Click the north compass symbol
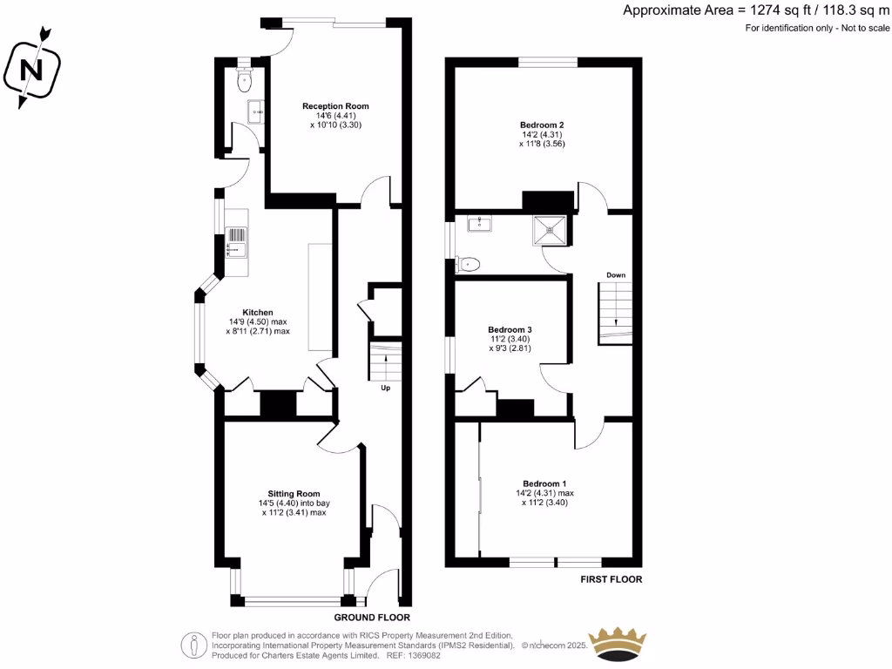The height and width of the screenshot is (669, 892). click(x=33, y=69)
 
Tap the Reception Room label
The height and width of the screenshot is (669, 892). click(x=335, y=106)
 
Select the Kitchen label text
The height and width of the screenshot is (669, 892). click(x=258, y=312)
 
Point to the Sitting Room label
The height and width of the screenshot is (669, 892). click(x=294, y=493)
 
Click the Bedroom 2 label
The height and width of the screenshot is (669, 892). click(x=542, y=125)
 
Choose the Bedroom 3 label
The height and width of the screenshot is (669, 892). click(x=510, y=329)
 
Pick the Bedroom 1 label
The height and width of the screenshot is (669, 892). click(x=544, y=483)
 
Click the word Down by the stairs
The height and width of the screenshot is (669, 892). click(x=616, y=275)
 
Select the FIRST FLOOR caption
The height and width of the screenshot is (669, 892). click(x=611, y=578)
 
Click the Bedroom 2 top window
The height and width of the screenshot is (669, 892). click(x=547, y=61)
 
